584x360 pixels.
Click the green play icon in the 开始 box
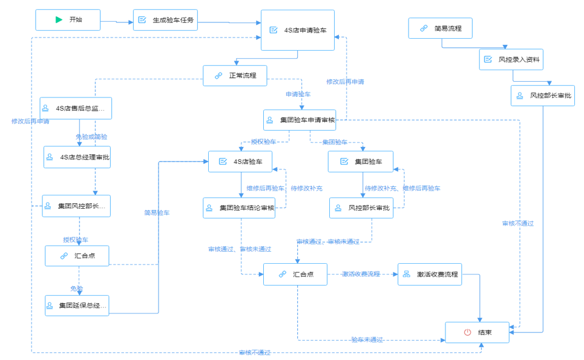click(x=59, y=19)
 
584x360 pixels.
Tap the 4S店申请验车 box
click(x=297, y=30)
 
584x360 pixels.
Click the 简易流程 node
click(x=440, y=28)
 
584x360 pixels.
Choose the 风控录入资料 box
click(x=511, y=59)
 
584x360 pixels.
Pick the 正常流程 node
click(x=235, y=76)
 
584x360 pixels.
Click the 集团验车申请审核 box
click(x=299, y=120)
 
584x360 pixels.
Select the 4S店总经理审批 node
click(x=77, y=157)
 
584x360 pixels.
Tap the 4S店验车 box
click(x=240, y=162)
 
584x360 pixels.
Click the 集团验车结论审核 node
click(x=239, y=208)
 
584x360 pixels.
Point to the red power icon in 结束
click(x=467, y=332)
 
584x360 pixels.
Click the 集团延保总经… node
click(x=77, y=306)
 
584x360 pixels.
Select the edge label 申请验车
click(x=298, y=95)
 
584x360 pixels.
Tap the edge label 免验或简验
click(x=91, y=137)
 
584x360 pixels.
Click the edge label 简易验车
click(x=157, y=212)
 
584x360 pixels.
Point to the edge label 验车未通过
click(x=367, y=339)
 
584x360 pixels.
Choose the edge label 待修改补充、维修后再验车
click(x=402, y=189)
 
